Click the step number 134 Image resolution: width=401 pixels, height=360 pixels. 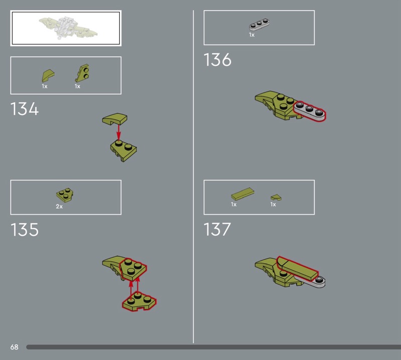[x=24, y=109]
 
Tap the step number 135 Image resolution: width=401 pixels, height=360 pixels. [x=24, y=229]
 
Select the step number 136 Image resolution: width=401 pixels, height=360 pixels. [x=218, y=60]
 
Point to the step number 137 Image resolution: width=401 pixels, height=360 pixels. [x=217, y=229]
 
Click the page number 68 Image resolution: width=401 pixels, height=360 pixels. [x=15, y=347]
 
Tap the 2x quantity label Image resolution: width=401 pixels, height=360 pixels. [x=59, y=207]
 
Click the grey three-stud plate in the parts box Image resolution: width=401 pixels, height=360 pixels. [x=259, y=25]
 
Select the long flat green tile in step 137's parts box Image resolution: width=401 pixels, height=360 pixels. [x=243, y=194]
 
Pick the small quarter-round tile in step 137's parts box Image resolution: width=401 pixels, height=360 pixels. [x=276, y=197]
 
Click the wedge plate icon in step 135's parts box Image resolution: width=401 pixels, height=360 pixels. [x=65, y=195]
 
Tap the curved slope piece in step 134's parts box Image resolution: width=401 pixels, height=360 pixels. [x=48, y=76]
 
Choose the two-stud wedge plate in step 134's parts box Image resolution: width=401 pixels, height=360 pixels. [x=83, y=73]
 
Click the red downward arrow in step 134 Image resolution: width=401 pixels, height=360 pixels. [x=118, y=132]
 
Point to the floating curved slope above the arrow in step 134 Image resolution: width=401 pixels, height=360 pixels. [x=115, y=119]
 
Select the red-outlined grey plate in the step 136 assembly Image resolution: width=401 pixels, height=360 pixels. [x=309, y=111]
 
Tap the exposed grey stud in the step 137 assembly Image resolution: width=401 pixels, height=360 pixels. [x=319, y=280]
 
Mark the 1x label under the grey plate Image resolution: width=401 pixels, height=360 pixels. [x=252, y=35]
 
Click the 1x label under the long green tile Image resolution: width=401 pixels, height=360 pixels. [x=234, y=205]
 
